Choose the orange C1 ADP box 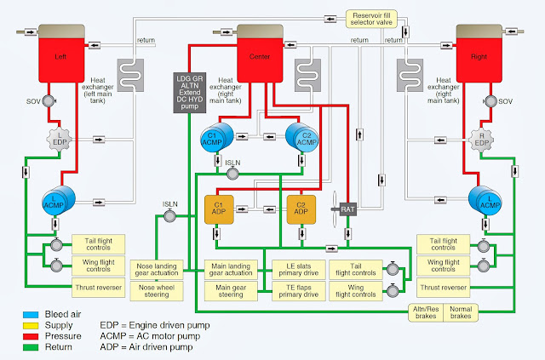(x=217, y=209)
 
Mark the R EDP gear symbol (x=484, y=138)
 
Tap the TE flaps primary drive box (x=300, y=289)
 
